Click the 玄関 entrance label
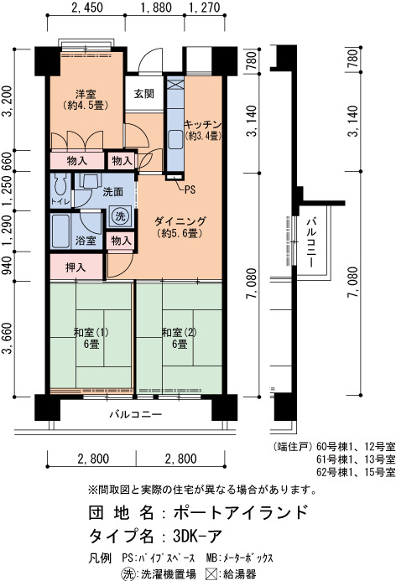143,94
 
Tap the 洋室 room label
86,94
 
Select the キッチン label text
203,124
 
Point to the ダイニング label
180,221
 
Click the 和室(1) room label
91,332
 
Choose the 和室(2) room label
179,332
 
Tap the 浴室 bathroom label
86,241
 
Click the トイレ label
60,201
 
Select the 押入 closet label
76,267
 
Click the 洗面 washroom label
113,191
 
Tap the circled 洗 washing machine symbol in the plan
120,215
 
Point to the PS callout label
190,189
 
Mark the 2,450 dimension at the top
87,8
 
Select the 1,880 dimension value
156,8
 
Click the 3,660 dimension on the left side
8,338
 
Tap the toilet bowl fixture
60,184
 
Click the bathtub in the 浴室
60,231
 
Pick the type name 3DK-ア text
198,536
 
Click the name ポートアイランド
241,512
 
